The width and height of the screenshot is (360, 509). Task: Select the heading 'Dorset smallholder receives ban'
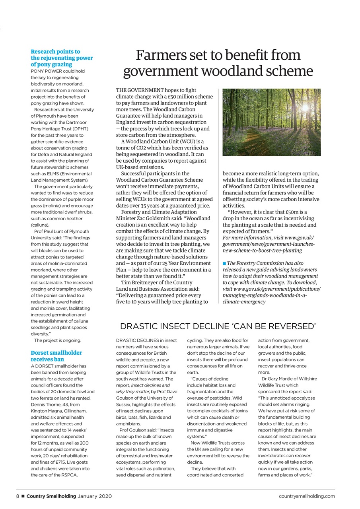(x=56, y=356)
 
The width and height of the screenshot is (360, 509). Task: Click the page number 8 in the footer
(x=18, y=496)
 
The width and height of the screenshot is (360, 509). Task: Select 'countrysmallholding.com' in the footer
(x=307, y=496)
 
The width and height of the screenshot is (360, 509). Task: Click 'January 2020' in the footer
(x=95, y=496)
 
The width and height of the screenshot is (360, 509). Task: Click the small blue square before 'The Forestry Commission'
(x=224, y=263)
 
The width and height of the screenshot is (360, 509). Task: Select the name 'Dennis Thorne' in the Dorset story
(x=46, y=404)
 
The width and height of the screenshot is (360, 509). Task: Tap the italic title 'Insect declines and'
(x=150, y=385)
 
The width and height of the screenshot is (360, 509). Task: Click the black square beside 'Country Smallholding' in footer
(x=23, y=496)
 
